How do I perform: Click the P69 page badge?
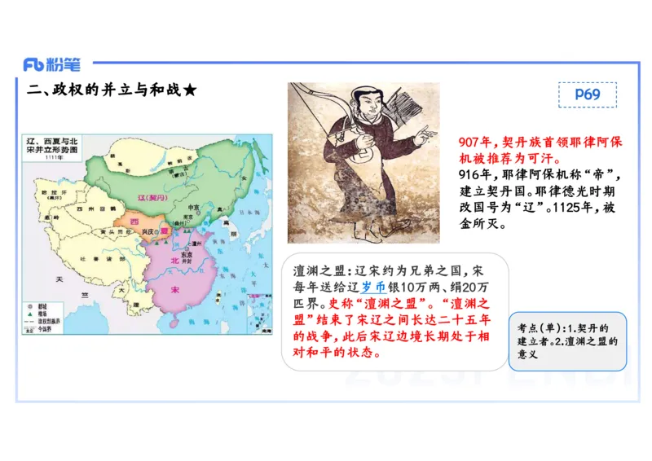[x=587, y=94]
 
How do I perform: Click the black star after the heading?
[x=188, y=90]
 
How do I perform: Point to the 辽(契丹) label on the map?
[x=153, y=198]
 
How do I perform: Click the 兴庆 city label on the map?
[x=148, y=231]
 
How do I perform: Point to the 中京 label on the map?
[x=193, y=207]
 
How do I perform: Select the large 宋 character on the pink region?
[x=174, y=290]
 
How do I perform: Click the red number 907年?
[x=478, y=141]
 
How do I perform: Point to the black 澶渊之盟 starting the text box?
[x=320, y=270]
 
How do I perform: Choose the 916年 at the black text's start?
[x=476, y=174]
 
